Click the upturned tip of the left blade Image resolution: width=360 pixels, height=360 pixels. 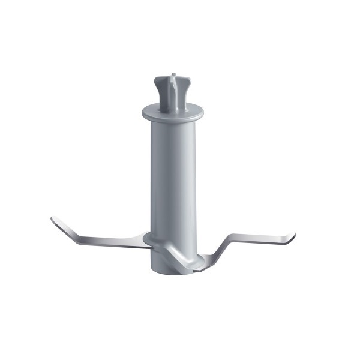(x=53, y=220)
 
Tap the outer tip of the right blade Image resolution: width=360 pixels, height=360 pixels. (x=293, y=238)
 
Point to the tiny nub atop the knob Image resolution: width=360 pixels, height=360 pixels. (x=173, y=76)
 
